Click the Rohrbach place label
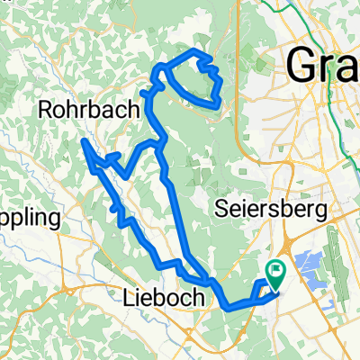(89, 109)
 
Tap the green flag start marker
(274, 268)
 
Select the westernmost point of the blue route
(83, 139)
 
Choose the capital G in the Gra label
(301, 66)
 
